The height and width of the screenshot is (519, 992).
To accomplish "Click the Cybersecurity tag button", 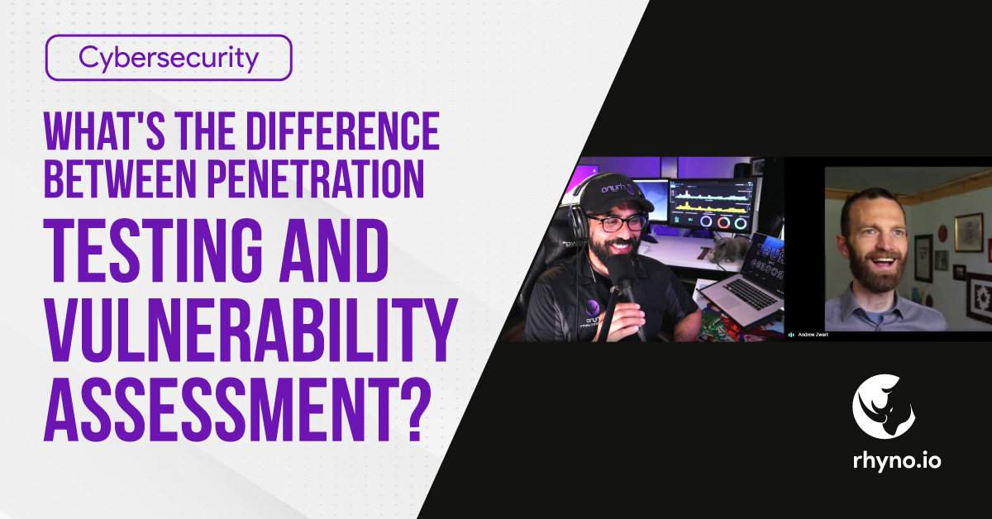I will coord(169,58).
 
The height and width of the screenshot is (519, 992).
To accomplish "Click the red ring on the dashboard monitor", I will coord(723,222).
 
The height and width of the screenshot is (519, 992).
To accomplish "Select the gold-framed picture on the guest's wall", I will coord(967,232).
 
